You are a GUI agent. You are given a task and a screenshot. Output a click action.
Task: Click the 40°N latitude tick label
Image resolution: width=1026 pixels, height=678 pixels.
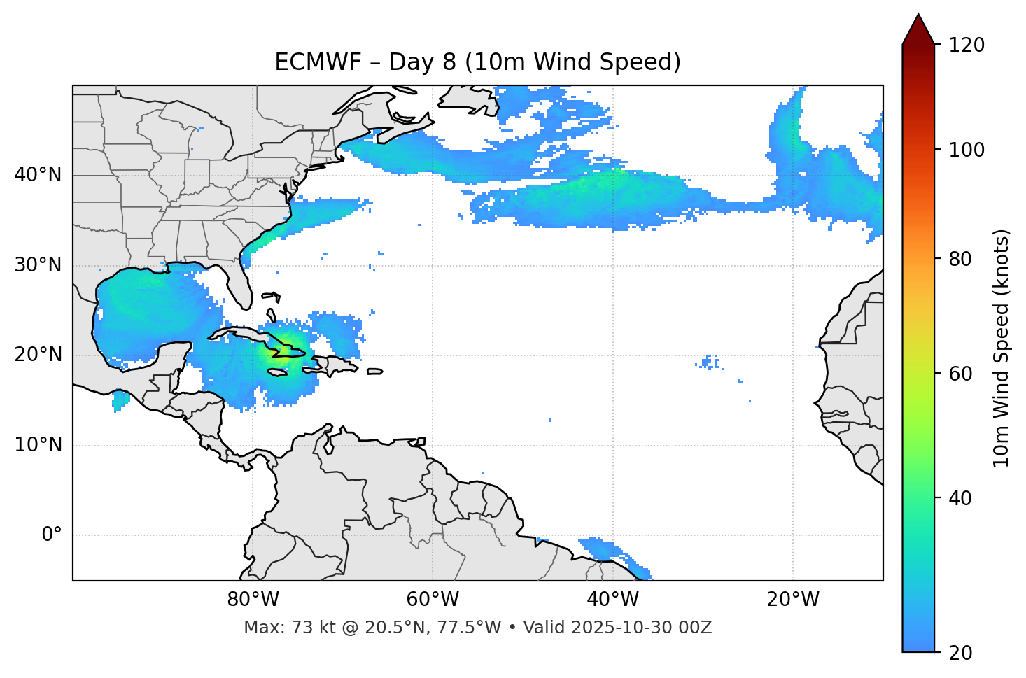click(38, 175)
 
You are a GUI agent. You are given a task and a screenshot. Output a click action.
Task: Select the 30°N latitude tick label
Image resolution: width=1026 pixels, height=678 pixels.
click(38, 265)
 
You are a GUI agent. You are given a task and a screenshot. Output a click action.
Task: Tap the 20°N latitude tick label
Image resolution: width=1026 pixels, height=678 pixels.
click(38, 355)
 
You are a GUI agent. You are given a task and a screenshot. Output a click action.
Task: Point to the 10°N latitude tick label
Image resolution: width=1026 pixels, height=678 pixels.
click(38, 445)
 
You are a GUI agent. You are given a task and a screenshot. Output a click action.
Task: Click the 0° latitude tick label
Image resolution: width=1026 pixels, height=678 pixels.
click(52, 535)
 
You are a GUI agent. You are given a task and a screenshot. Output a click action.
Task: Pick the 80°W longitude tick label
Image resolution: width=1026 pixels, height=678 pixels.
click(253, 600)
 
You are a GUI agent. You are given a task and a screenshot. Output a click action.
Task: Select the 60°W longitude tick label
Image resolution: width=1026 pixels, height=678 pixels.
click(433, 600)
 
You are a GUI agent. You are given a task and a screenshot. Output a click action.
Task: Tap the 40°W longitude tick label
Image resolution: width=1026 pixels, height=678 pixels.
click(612, 600)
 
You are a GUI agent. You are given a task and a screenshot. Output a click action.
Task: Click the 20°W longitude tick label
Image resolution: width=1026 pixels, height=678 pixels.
click(793, 600)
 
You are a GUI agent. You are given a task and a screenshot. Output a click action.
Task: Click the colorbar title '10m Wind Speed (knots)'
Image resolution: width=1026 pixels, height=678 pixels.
click(1002, 348)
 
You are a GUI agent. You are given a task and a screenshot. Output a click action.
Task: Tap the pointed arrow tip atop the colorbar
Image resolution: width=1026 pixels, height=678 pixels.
click(918, 15)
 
